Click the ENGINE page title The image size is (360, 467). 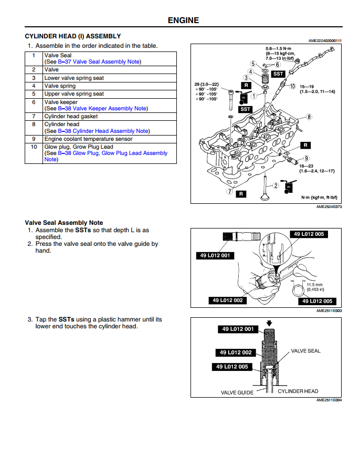pyautogui.click(x=183, y=20)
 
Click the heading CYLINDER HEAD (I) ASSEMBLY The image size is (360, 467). pyautogui.click(x=73, y=36)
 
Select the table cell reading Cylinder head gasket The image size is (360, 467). pyautogui.click(x=71, y=116)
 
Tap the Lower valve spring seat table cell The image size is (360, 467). pyautogui.click(x=74, y=78)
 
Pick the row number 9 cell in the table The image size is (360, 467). pyautogui.click(x=34, y=139)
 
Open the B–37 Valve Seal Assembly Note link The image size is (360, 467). pyautogui.click(x=99, y=61)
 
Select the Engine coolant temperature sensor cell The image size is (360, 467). pyautogui.click(x=88, y=139)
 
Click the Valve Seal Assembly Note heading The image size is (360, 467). pyautogui.click(x=64, y=223)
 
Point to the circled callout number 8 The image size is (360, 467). pyautogui.click(x=309, y=117)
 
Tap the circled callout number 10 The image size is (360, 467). pyautogui.click(x=292, y=86)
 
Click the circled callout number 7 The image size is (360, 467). pyautogui.click(x=229, y=192)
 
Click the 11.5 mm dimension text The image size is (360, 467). pyautogui.click(x=315, y=284)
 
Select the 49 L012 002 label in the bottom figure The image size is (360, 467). pyautogui.click(x=235, y=352)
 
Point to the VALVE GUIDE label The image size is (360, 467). pyautogui.click(x=237, y=392)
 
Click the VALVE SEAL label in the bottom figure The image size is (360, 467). pyautogui.click(x=305, y=351)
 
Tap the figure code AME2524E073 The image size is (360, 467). pyautogui.click(x=329, y=207)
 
